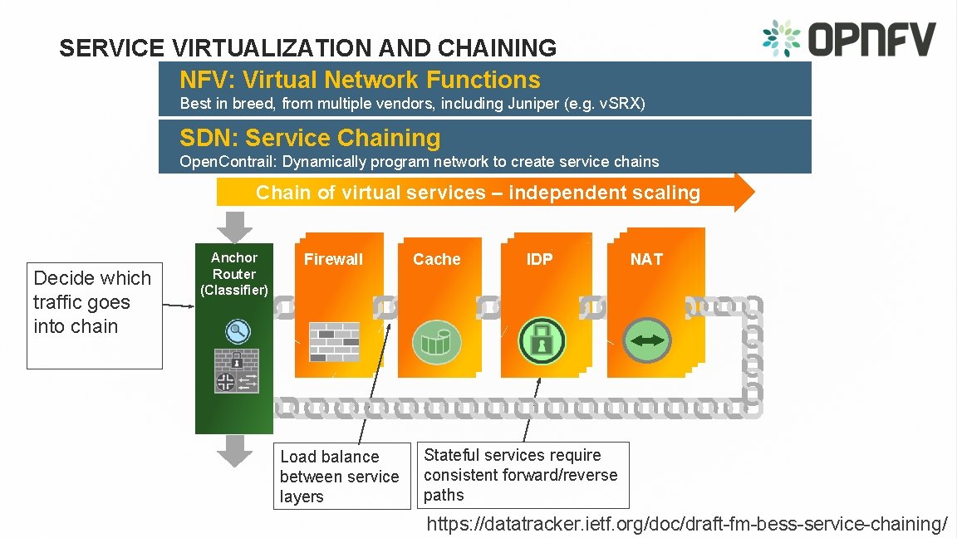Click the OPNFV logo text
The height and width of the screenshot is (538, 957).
click(x=871, y=39)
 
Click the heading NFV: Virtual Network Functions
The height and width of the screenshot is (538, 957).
click(x=360, y=80)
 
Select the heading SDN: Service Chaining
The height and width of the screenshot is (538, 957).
click(x=310, y=138)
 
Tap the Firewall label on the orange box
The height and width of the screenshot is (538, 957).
click(x=333, y=259)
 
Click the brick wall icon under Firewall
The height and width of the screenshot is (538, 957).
click(x=334, y=341)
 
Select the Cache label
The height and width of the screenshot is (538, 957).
click(x=436, y=259)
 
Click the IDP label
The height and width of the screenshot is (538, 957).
click(x=539, y=259)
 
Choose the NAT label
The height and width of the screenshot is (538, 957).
click(x=646, y=259)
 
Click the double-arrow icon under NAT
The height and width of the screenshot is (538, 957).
click(x=647, y=341)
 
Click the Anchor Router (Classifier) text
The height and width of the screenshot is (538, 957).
click(x=234, y=274)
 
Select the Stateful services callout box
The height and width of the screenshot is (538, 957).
click(x=522, y=475)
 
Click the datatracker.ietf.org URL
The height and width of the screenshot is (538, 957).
click(x=686, y=524)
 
